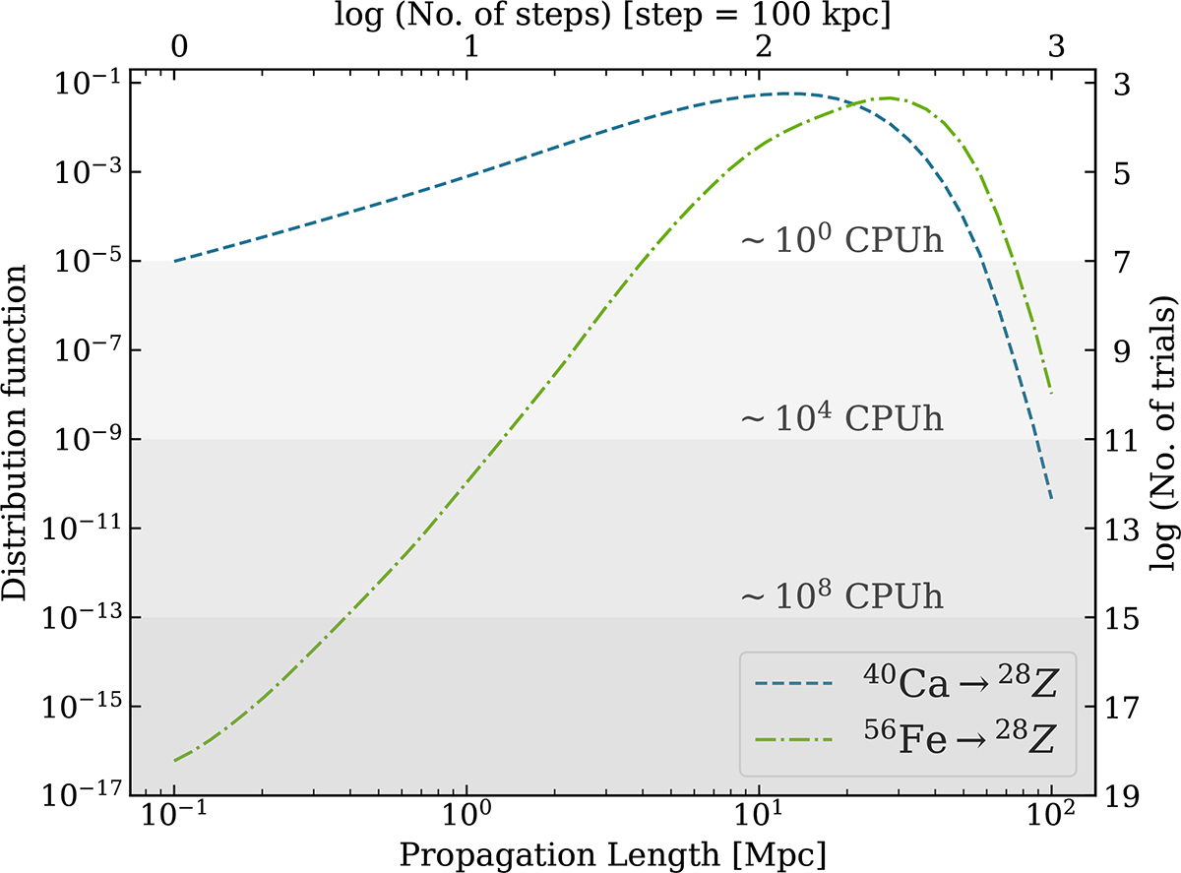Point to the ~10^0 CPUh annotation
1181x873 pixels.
(841, 241)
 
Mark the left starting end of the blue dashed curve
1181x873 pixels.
(175, 261)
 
